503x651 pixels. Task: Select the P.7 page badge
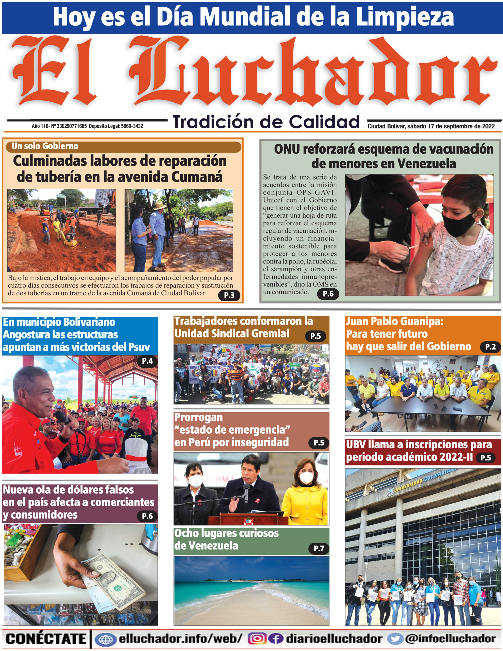318,548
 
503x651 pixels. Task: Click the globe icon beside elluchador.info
105,639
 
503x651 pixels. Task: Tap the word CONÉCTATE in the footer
46,639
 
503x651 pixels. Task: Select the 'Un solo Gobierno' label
45,146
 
